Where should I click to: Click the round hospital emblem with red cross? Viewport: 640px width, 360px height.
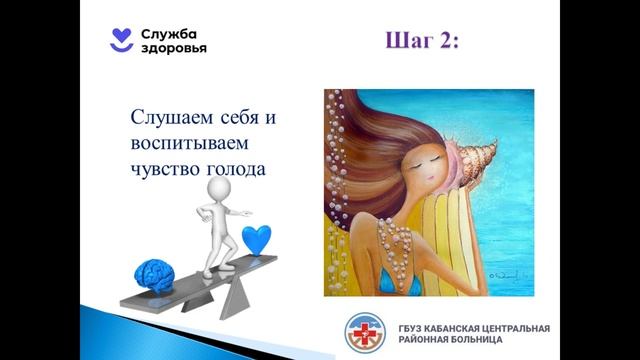[363, 332]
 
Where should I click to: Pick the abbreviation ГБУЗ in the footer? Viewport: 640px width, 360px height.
[409, 326]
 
